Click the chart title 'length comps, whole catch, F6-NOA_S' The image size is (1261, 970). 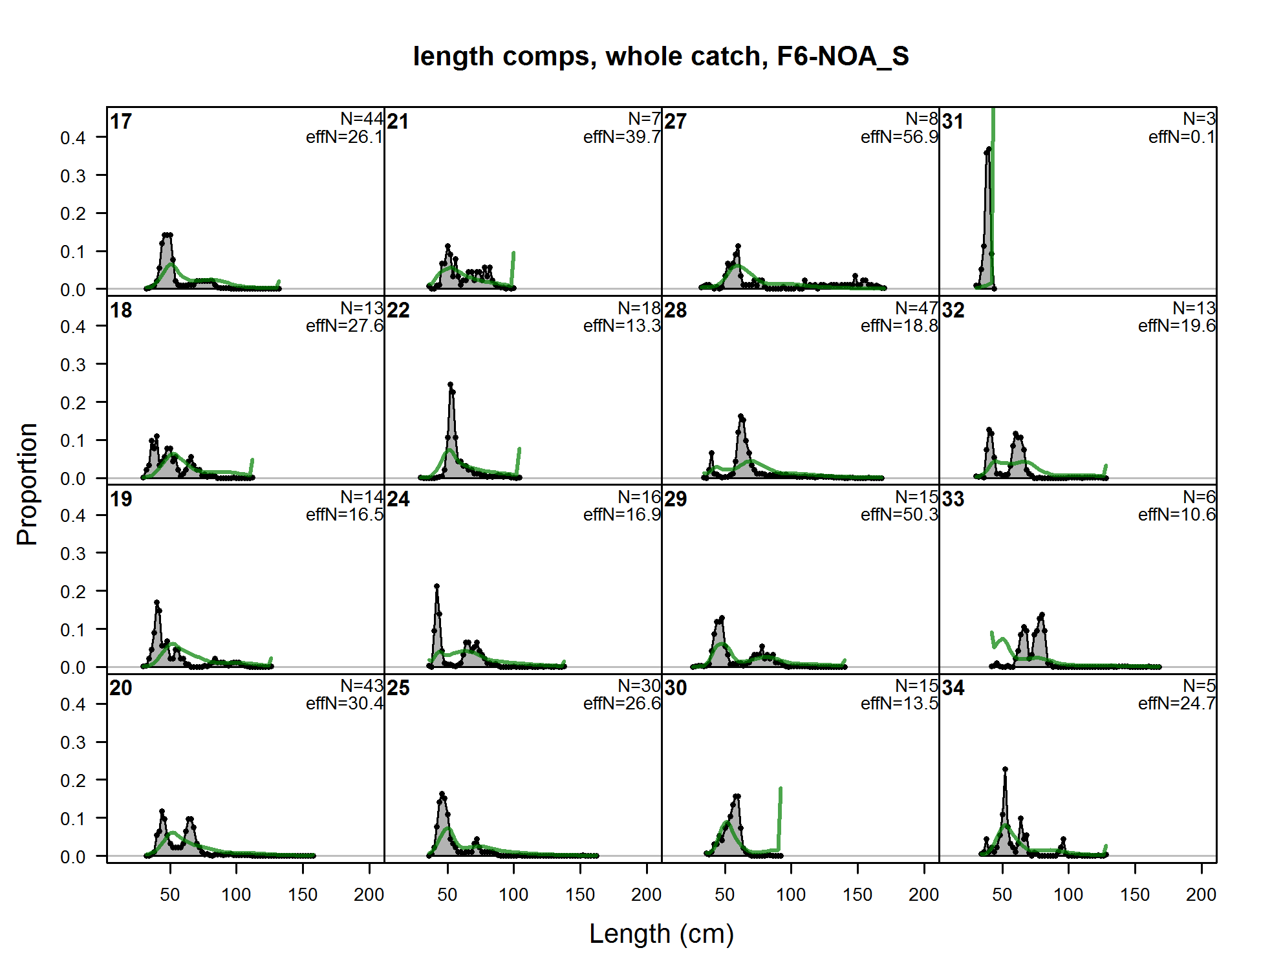click(x=661, y=56)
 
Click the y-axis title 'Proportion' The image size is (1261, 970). click(x=27, y=484)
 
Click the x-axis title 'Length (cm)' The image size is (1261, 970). click(x=661, y=934)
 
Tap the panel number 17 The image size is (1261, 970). click(x=121, y=122)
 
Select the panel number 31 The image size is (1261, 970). click(x=953, y=122)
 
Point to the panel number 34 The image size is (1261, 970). click(x=953, y=688)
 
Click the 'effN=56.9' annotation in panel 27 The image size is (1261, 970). click(x=899, y=137)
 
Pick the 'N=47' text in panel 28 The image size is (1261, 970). click(x=916, y=308)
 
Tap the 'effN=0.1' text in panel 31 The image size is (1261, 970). click(x=1181, y=137)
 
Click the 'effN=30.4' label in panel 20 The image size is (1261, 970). click(x=345, y=704)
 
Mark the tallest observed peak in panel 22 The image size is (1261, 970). click(x=451, y=385)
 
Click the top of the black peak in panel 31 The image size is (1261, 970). click(x=988, y=150)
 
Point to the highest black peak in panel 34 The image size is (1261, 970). click(x=1005, y=770)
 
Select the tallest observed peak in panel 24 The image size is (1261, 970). click(x=436, y=587)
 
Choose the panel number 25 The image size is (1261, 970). click(x=398, y=688)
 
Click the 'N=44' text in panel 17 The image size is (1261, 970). click(x=362, y=119)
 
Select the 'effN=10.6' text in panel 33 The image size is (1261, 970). click(x=1177, y=515)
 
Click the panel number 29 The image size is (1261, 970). click(x=676, y=499)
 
